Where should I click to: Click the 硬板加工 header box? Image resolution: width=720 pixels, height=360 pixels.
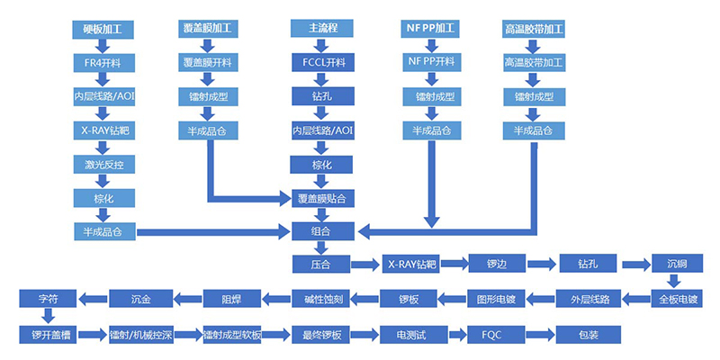pos(103,29)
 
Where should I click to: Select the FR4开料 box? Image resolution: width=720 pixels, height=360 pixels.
pos(103,62)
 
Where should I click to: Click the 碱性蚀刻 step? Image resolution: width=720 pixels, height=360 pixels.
pos(320,298)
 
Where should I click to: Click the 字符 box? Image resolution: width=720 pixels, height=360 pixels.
pos(48,298)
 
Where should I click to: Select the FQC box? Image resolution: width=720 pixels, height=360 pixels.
pos(496,335)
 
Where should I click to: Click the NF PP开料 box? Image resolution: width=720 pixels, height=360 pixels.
pos(433,62)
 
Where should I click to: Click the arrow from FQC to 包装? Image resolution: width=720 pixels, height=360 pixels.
pos(542,335)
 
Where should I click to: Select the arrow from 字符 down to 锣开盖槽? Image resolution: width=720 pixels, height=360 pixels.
pos(48,316)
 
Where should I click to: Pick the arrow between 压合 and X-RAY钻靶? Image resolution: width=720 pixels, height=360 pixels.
pos(363,265)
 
